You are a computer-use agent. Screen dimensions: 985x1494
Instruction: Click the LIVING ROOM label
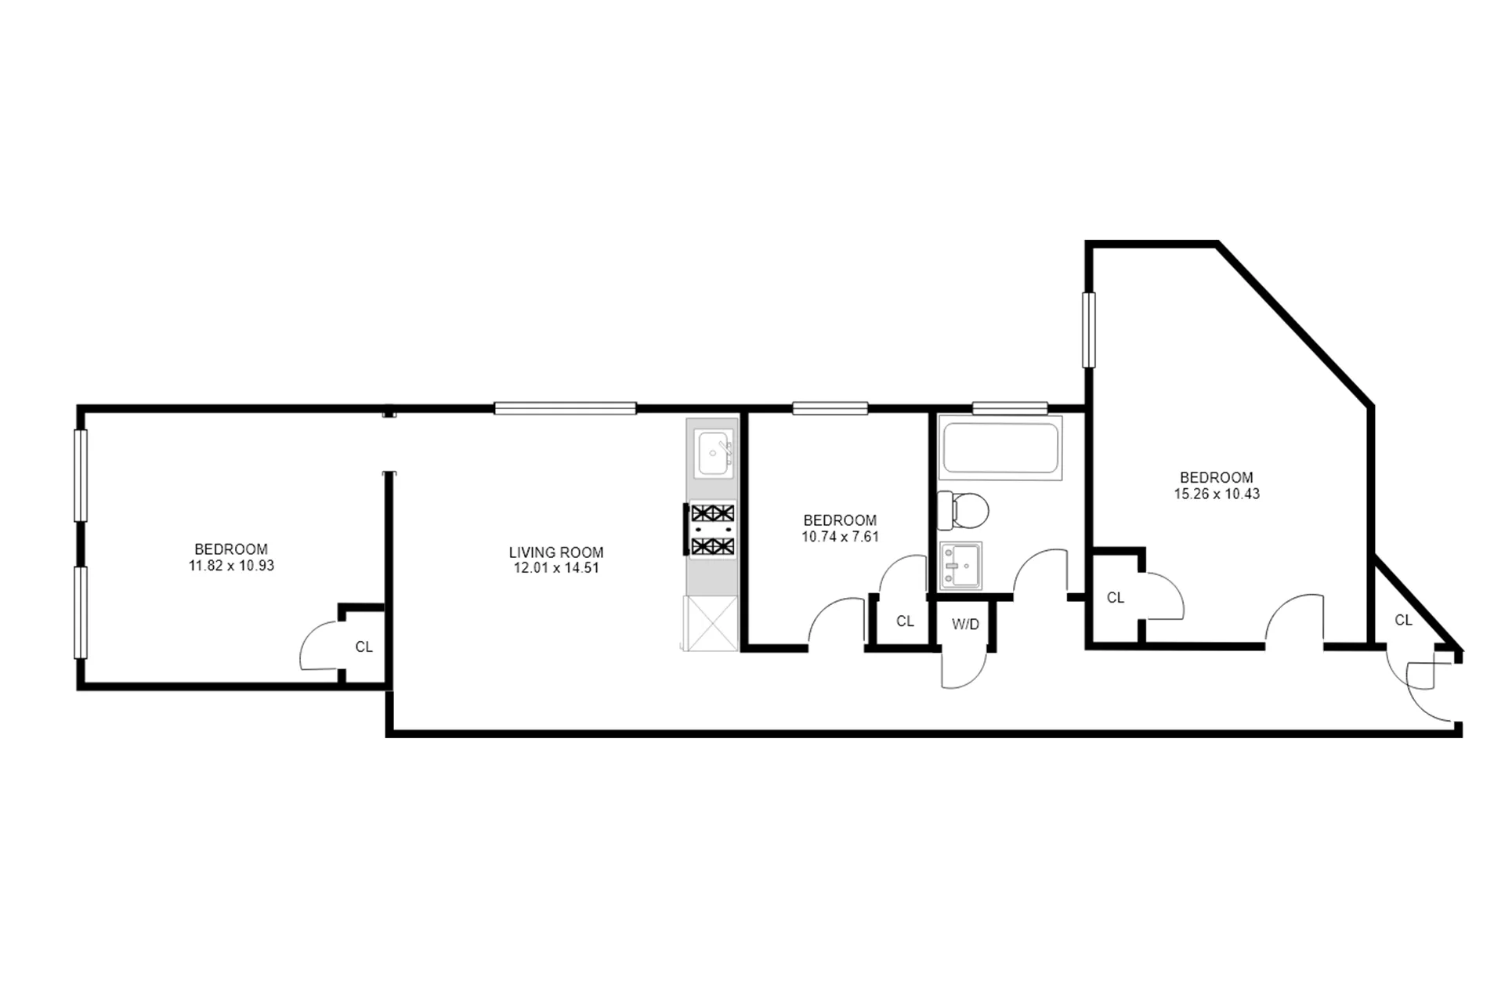point(555,552)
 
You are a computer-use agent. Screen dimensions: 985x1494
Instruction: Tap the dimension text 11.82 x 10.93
point(231,566)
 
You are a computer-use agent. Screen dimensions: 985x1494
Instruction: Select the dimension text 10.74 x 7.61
point(840,537)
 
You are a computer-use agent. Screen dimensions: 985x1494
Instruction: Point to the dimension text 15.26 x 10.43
point(1216,494)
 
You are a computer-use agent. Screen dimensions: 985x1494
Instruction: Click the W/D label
point(965,625)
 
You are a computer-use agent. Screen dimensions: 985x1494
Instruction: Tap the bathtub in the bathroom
point(1000,449)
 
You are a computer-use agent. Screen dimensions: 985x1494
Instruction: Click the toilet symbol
point(964,510)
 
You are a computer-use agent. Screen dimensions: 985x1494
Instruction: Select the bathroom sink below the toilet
point(960,566)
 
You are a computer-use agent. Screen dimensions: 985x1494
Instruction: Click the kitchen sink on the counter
point(714,453)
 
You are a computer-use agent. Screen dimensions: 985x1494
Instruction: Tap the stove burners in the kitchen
point(712,530)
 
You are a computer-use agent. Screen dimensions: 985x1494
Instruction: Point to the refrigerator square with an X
point(711,624)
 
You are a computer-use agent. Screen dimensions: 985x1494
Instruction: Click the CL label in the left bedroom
point(364,647)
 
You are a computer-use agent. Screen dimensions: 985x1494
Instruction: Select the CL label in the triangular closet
point(1403,621)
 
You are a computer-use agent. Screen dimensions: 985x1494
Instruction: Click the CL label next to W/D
point(905,621)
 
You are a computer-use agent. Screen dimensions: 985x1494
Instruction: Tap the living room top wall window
point(565,407)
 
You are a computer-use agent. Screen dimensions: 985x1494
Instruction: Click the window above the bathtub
point(1009,407)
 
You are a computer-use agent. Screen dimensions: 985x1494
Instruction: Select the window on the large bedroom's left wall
point(1088,329)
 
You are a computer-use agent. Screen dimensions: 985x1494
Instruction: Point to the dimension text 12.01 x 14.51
point(555,568)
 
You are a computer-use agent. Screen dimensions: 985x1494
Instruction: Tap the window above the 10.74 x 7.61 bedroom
point(830,407)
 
